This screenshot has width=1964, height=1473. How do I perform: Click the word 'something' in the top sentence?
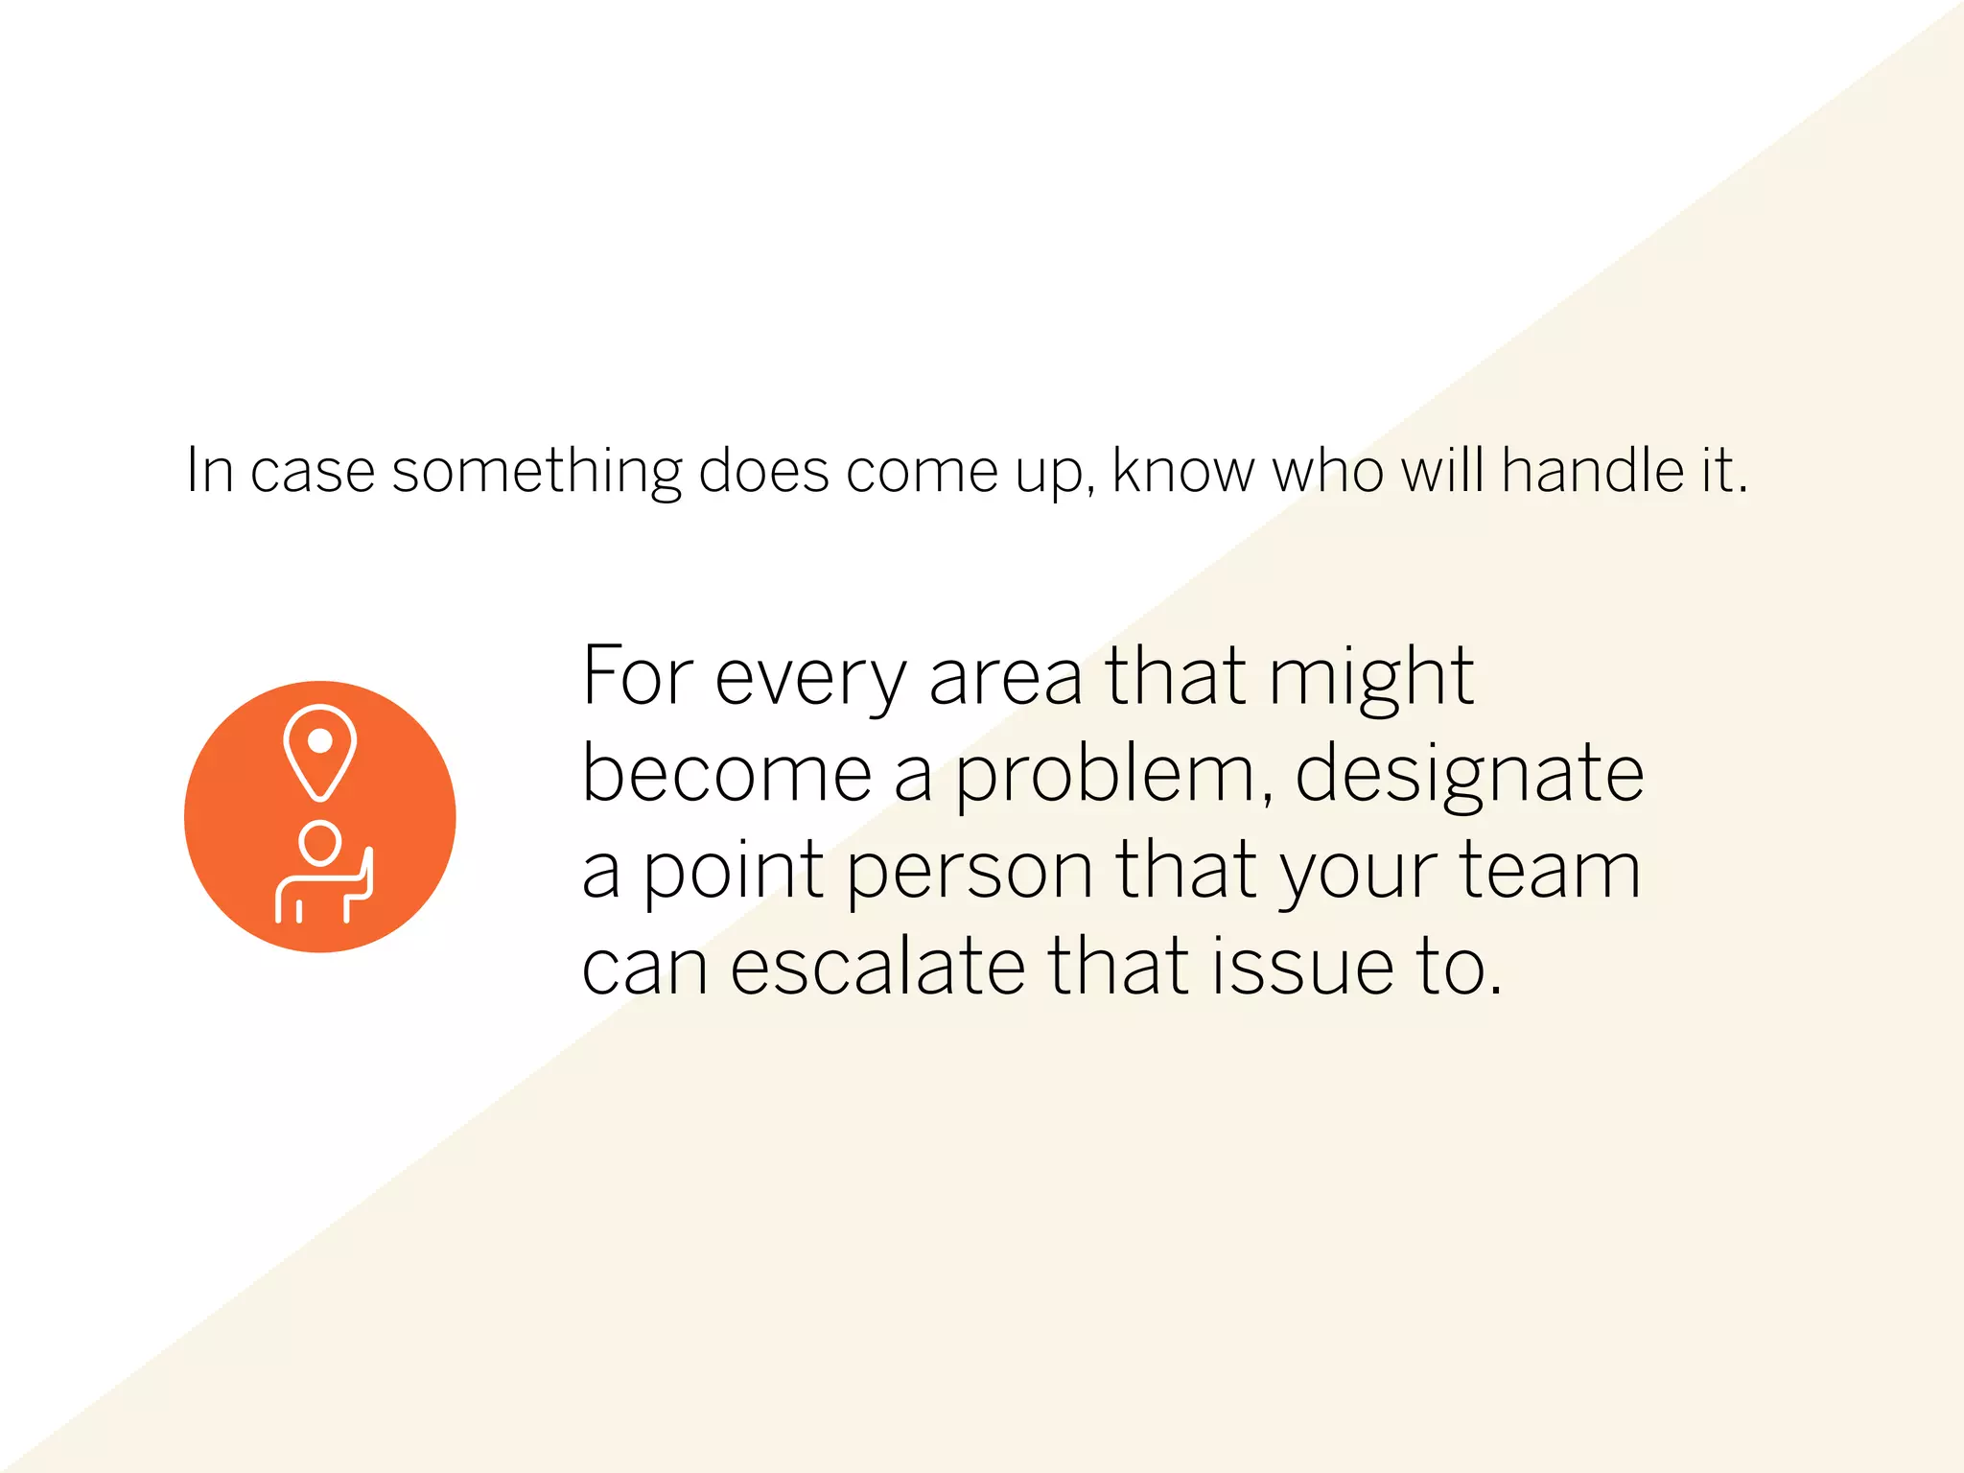[536, 473]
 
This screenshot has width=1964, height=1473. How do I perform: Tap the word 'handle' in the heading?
[1592, 471]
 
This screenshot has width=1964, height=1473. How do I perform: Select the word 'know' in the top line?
[1182, 471]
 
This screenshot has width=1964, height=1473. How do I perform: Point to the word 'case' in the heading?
[312, 473]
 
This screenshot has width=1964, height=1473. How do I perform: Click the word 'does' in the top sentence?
[763, 471]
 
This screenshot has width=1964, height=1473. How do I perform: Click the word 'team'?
[1550, 870]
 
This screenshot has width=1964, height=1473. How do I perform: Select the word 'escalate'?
[878, 966]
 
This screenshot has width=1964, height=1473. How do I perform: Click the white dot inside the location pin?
[320, 741]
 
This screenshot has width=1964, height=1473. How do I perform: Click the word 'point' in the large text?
[733, 872]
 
